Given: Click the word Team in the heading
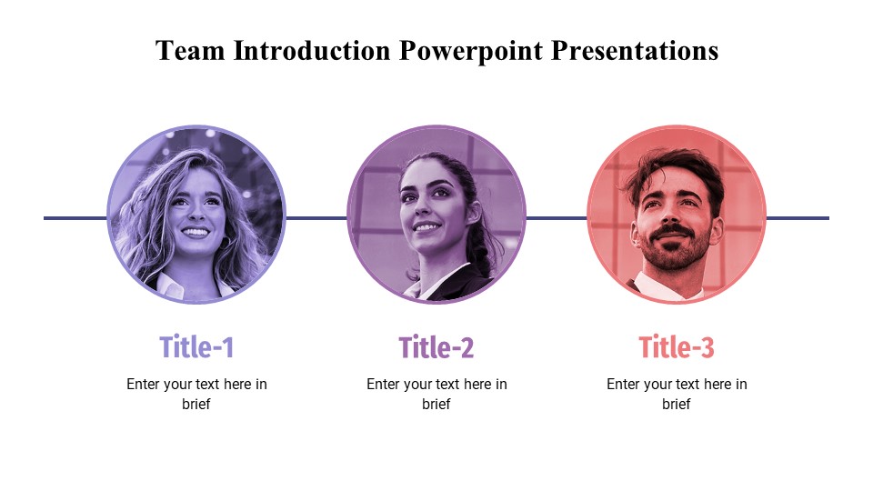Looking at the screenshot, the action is [x=190, y=51].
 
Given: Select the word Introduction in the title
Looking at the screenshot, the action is [x=312, y=51].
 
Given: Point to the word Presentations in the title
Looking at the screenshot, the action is [x=635, y=51].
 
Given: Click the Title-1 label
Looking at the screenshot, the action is [x=196, y=346].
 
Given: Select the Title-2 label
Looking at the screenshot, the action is [x=436, y=346].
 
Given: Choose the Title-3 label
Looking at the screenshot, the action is [x=676, y=346].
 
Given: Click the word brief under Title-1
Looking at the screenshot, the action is [x=196, y=404].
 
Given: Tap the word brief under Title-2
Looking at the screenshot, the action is [x=436, y=404].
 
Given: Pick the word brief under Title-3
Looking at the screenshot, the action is [x=676, y=404].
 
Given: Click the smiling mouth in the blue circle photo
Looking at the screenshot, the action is [x=196, y=232].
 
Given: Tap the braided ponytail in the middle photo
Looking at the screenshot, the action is [x=480, y=245].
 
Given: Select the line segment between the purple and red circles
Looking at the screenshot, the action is [x=557, y=218].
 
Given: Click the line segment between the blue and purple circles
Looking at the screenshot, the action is [x=316, y=218].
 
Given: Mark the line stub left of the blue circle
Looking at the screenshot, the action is [x=75, y=218].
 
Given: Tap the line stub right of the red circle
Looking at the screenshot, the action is [x=798, y=218].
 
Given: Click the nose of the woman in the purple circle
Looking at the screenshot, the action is [x=421, y=209].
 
